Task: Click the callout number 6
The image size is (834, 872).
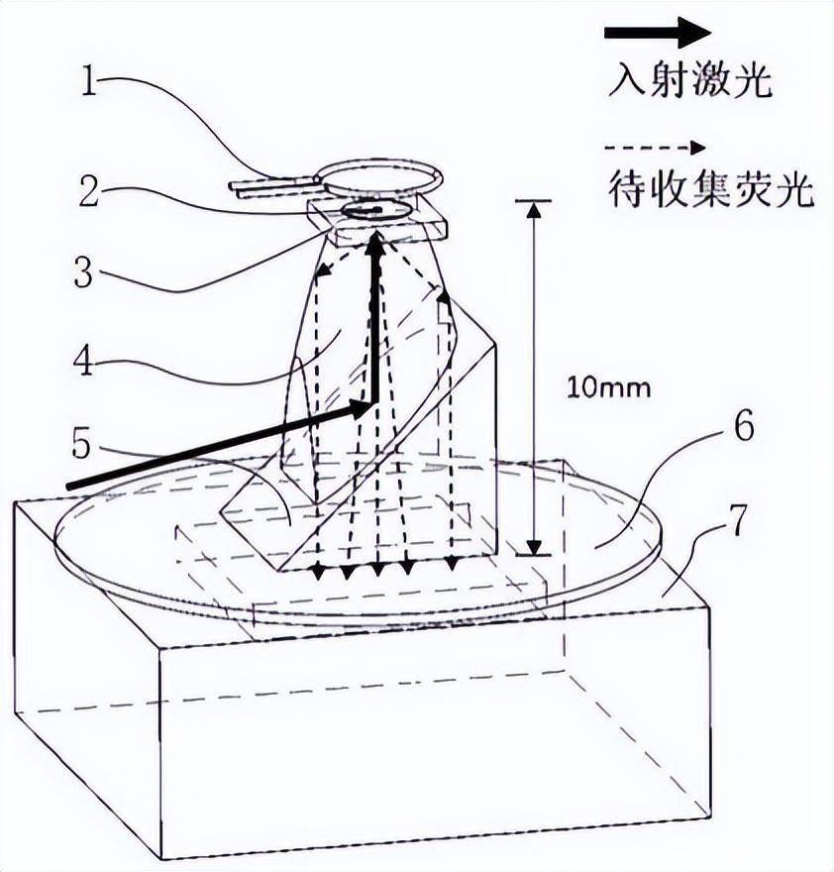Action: (745, 426)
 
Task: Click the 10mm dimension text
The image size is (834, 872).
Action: (608, 386)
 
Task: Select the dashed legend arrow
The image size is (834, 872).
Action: (656, 149)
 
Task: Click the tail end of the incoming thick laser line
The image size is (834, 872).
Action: (71, 485)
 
